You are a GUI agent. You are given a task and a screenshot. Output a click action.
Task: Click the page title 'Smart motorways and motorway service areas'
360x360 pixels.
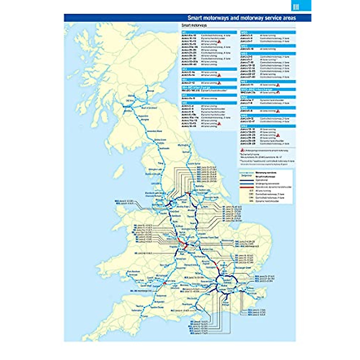(241, 18)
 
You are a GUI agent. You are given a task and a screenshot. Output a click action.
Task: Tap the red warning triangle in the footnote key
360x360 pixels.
(242, 150)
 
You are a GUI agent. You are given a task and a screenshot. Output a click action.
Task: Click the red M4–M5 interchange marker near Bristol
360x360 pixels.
(164, 283)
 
